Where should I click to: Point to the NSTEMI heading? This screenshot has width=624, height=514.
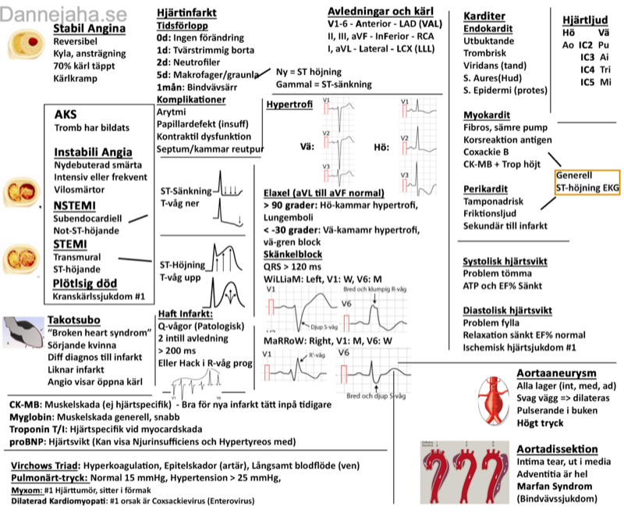[74, 205]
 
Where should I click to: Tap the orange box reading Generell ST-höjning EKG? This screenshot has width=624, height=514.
[587, 183]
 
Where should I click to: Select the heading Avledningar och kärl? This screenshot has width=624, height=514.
[381, 11]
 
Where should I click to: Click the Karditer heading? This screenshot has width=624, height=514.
[484, 16]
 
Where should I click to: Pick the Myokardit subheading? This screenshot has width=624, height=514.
[487, 115]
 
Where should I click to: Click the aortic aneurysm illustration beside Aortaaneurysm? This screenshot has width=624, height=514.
[496, 398]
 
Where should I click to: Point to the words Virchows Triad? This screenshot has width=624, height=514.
[42, 466]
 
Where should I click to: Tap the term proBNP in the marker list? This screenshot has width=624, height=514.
[26, 441]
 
